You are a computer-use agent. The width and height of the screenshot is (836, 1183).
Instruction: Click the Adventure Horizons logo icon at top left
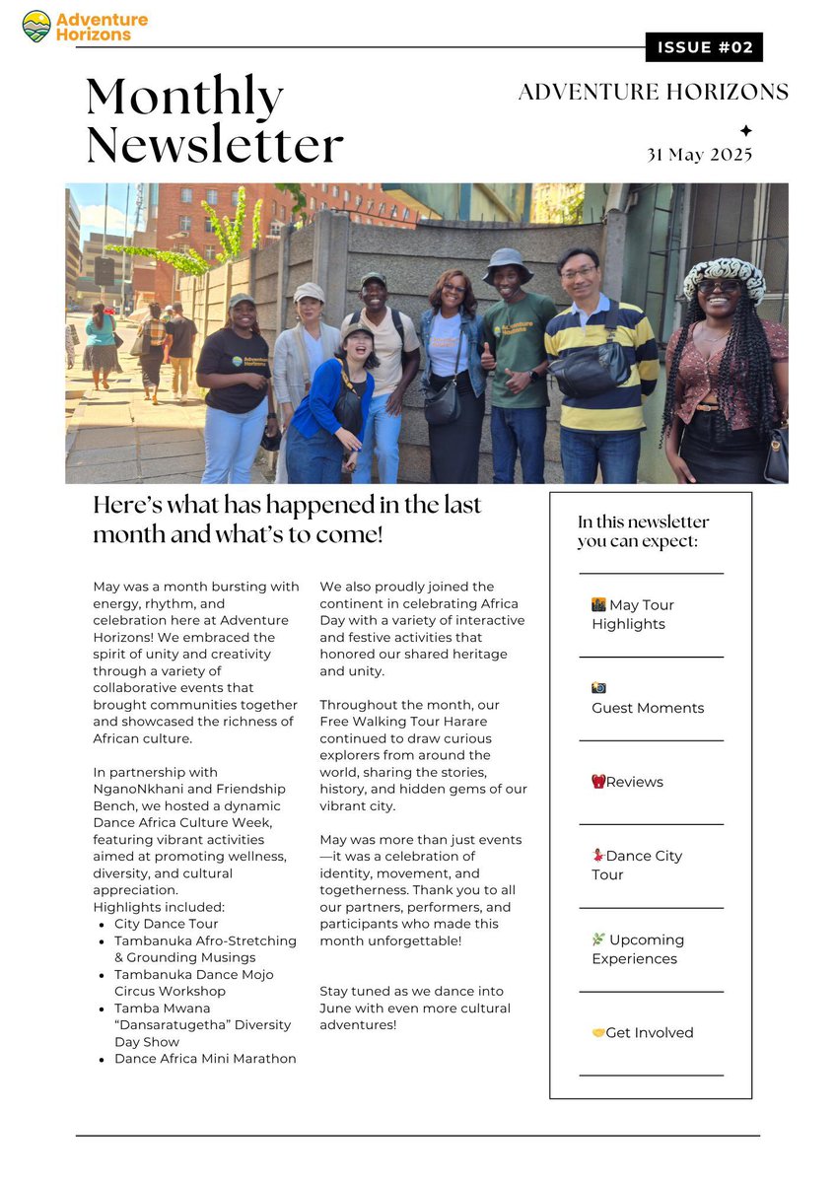click(x=36, y=26)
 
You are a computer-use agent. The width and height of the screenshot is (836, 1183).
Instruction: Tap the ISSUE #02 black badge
click(x=704, y=47)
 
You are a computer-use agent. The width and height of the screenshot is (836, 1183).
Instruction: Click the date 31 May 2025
click(x=699, y=155)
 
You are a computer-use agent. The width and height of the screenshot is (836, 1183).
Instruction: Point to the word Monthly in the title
click(x=184, y=97)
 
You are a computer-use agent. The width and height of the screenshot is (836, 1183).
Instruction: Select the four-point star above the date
click(x=745, y=130)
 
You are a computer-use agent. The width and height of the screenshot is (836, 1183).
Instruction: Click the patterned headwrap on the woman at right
click(x=725, y=277)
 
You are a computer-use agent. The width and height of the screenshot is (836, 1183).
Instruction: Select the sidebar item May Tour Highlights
click(x=633, y=614)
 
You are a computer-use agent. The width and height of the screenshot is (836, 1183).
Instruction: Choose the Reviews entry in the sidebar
click(x=627, y=782)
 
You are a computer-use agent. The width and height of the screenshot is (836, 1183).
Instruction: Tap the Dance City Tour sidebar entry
click(x=637, y=865)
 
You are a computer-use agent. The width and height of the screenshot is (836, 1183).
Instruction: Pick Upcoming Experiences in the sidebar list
click(x=638, y=948)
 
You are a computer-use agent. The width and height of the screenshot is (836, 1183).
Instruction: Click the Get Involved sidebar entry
click(x=642, y=1032)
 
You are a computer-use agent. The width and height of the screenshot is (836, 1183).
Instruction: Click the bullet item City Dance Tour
click(x=166, y=924)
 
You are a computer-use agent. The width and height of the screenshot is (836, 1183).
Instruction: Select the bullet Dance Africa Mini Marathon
click(x=205, y=1058)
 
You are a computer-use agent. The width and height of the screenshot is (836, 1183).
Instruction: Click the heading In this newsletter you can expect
click(x=643, y=531)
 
